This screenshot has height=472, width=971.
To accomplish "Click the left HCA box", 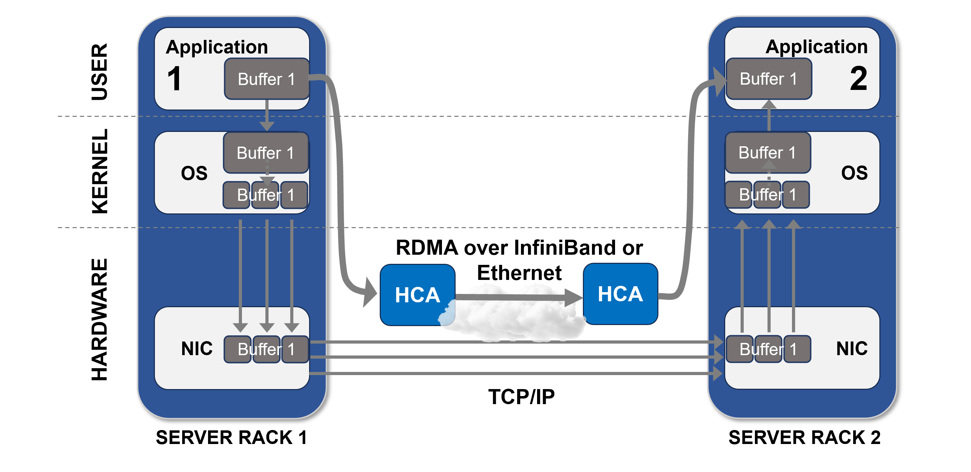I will pos(417,294).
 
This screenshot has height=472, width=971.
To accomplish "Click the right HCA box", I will pos(620,294).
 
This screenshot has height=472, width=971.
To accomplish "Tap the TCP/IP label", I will pos(521,396).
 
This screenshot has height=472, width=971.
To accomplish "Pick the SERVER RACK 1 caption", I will pos(231,437).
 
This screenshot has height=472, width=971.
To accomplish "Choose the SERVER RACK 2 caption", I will pos(805,437).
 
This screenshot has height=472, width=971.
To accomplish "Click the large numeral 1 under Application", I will pos(174,78).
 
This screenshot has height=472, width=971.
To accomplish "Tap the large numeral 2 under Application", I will pos(859,78).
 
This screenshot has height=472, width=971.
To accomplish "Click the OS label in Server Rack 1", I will pos(194,173).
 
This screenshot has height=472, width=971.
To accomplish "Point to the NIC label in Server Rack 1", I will pos(197,348).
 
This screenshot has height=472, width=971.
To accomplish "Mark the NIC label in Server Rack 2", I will pos(851,348).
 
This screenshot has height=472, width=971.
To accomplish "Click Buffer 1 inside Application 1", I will pos(266,79).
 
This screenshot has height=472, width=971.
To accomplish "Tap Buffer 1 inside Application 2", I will pos(769,79).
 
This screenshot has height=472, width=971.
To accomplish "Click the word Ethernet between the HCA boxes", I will pos(519,273).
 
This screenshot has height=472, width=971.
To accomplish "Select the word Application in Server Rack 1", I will pos(217,47).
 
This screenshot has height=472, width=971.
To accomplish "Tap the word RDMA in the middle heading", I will pos(427,248).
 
